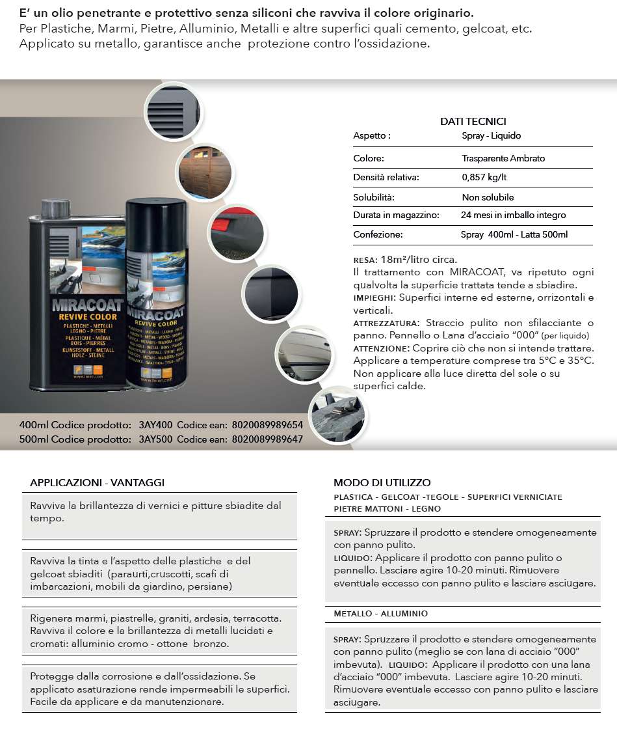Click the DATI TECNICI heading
point(473,121)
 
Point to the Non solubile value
point(488,197)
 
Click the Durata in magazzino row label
point(396,215)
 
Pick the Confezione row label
point(378,234)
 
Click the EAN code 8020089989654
point(267,425)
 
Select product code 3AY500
point(155,439)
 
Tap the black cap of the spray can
point(155,215)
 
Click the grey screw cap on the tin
point(55,208)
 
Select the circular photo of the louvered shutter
point(171,111)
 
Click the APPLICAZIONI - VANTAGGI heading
point(97,482)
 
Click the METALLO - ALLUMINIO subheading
point(381,614)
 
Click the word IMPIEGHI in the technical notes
point(374,297)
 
